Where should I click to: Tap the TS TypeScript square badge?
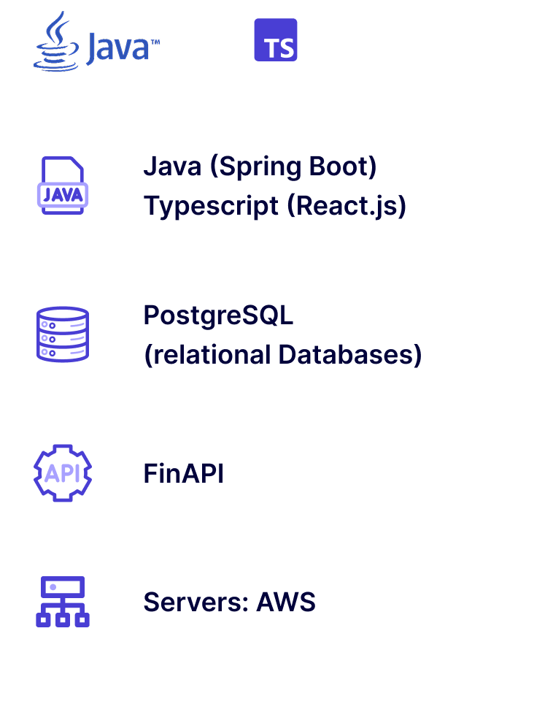tap(276, 39)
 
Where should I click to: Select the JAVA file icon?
tap(63, 185)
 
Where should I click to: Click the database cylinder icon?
tap(63, 334)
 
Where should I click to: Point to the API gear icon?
tap(63, 473)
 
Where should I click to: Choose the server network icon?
tap(63, 602)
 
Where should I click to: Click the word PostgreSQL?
tap(217, 315)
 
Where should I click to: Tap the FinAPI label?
tap(183, 474)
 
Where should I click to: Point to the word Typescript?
tap(211, 206)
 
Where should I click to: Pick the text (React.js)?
tap(347, 206)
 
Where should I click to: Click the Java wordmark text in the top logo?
tap(117, 48)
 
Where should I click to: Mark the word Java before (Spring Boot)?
tap(172, 167)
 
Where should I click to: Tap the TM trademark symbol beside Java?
tap(155, 42)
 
